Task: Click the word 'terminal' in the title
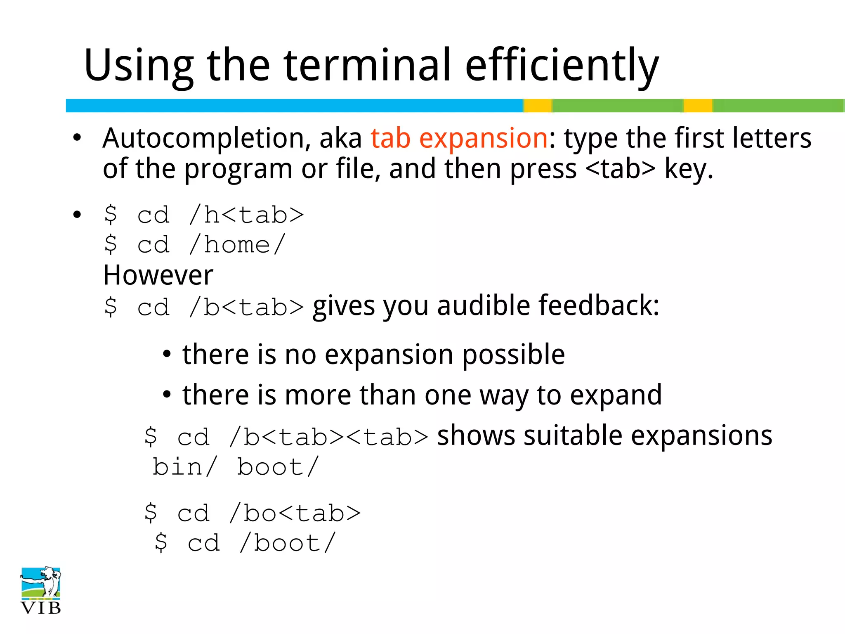click(x=367, y=65)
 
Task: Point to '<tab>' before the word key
click(x=620, y=169)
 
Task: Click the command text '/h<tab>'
click(x=246, y=215)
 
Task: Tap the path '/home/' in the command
click(x=237, y=245)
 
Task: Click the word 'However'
click(x=158, y=275)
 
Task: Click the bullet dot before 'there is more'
click(x=167, y=395)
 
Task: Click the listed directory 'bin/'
click(x=184, y=467)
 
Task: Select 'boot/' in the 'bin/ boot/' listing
click(x=278, y=467)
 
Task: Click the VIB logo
click(x=41, y=590)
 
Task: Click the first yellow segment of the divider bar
click(x=538, y=106)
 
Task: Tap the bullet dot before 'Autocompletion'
click(x=77, y=139)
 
